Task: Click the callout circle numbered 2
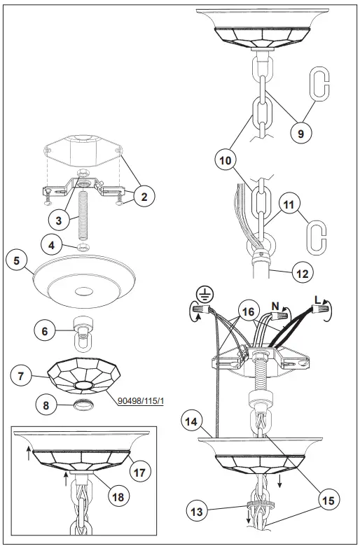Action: point(143,197)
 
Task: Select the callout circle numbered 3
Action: point(60,220)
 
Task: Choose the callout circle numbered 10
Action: point(226,161)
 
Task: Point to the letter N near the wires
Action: point(275,304)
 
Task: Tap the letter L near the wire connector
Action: point(319,300)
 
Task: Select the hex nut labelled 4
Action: point(82,247)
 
